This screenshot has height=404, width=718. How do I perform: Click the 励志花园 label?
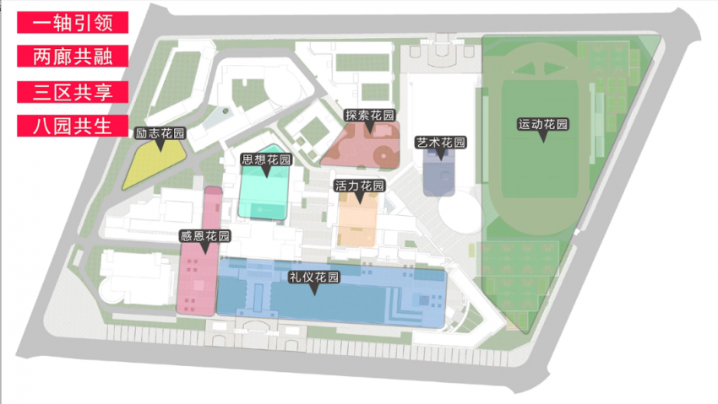160,133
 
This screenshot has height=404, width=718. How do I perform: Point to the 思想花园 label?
266,159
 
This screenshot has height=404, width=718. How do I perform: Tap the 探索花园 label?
370,116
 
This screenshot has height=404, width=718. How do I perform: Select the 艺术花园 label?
441,143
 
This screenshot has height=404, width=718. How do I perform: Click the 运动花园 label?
542,125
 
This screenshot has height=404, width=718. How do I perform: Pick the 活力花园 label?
359,186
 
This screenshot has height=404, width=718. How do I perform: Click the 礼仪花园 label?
314,277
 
